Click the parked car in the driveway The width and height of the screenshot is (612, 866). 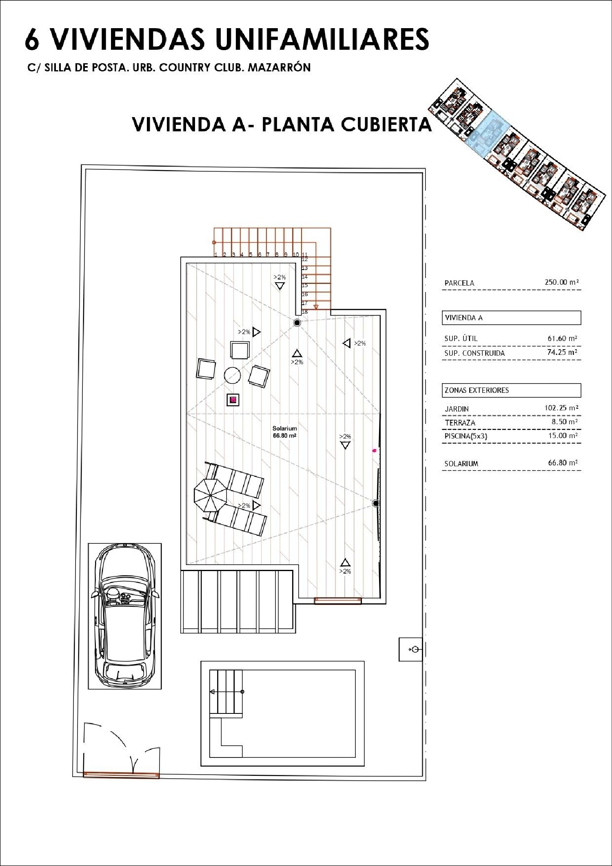(x=124, y=616)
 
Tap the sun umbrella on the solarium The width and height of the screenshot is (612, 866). (x=210, y=495)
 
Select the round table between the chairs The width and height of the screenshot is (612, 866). (x=232, y=375)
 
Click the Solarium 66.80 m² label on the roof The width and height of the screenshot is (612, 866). (x=285, y=432)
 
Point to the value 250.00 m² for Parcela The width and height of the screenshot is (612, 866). (x=562, y=282)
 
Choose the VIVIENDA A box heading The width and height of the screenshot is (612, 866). (x=463, y=318)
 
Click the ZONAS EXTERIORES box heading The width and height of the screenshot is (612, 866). (x=477, y=390)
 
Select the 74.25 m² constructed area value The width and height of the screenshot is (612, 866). (x=562, y=352)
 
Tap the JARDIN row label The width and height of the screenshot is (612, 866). (x=457, y=409)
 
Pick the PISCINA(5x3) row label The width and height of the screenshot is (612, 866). (x=466, y=436)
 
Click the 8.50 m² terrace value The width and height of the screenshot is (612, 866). (x=565, y=422)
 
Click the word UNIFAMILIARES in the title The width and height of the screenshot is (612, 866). (x=322, y=39)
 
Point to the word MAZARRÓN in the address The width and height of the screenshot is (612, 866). (x=279, y=67)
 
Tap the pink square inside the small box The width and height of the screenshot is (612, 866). (x=233, y=400)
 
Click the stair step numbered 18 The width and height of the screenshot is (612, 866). (x=304, y=312)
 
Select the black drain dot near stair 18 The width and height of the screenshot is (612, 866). (x=297, y=323)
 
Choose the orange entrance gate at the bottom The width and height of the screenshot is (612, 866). (x=121, y=774)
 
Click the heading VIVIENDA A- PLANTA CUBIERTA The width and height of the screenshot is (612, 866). (x=282, y=124)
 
